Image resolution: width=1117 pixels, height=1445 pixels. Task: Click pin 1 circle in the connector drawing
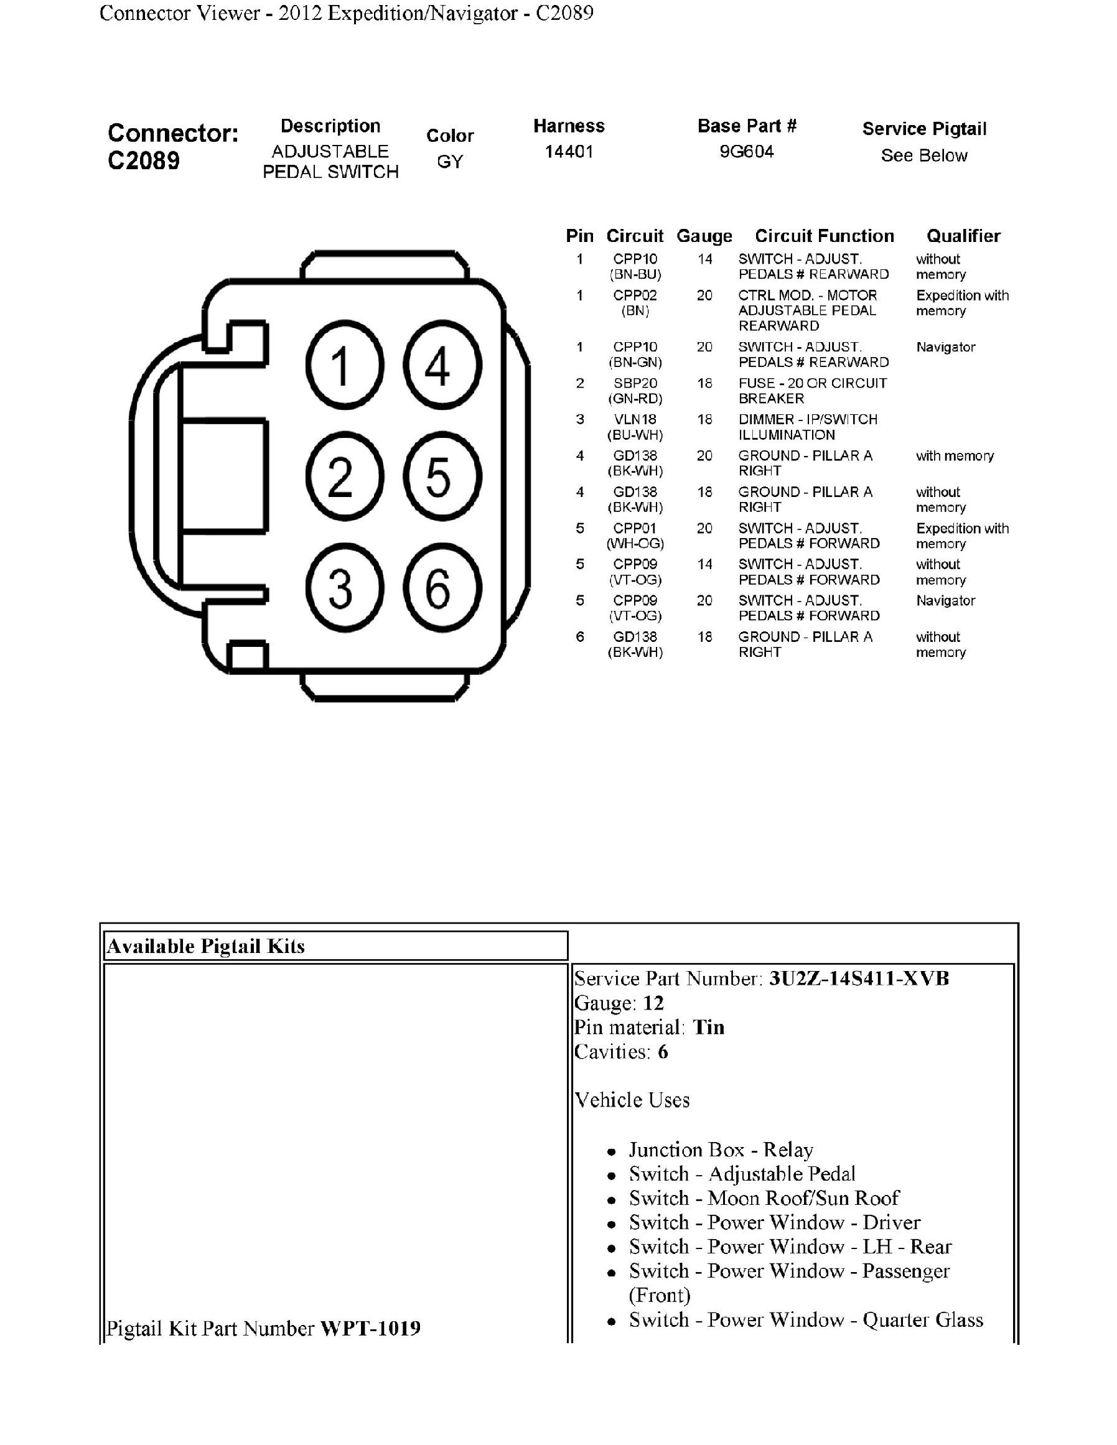click(344, 365)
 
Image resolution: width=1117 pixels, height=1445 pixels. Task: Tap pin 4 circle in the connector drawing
click(442, 365)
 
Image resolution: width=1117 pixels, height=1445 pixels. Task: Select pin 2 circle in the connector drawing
click(344, 476)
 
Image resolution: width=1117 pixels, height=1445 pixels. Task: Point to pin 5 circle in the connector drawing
click(442, 476)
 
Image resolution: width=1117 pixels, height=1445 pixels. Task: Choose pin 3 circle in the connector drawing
click(344, 588)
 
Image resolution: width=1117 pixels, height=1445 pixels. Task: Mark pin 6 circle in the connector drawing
click(442, 588)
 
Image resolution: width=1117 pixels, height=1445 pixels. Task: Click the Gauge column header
click(704, 236)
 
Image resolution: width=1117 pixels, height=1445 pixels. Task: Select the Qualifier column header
click(963, 236)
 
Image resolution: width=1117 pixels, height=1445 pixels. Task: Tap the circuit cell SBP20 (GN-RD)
click(635, 391)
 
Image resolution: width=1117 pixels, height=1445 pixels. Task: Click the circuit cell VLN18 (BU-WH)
click(635, 427)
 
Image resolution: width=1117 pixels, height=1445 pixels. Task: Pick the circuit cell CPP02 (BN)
click(635, 302)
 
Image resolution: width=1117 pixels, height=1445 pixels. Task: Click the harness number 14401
click(569, 152)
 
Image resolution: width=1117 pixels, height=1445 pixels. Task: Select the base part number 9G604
click(747, 152)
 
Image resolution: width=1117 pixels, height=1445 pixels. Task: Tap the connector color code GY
click(450, 162)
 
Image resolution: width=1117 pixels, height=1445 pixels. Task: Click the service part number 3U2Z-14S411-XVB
click(858, 978)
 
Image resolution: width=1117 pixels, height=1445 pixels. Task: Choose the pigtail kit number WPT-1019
click(370, 1328)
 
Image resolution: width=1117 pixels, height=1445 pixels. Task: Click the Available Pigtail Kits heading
click(206, 946)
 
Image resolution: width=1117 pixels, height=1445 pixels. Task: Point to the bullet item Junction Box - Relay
click(721, 1150)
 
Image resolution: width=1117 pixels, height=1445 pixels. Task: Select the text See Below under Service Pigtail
click(923, 156)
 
